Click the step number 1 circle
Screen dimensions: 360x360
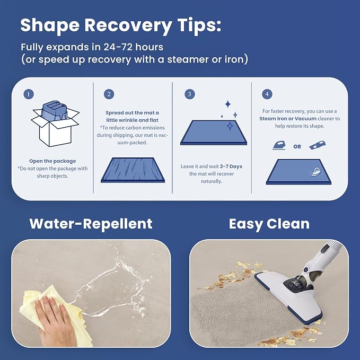(x=29, y=94)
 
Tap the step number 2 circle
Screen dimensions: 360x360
(x=109, y=94)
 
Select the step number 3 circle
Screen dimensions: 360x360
(x=190, y=94)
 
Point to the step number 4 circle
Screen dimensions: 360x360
(x=267, y=94)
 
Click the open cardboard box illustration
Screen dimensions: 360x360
(x=55, y=124)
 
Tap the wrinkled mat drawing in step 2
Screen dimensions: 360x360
(x=133, y=170)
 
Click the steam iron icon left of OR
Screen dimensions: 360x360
(x=279, y=145)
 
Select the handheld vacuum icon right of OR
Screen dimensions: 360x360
(x=317, y=145)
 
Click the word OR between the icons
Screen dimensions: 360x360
(x=297, y=146)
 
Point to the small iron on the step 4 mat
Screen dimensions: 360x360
(x=315, y=171)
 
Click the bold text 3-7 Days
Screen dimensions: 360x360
(x=231, y=166)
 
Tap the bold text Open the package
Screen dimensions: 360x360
(x=52, y=161)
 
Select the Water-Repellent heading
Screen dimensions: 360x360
(x=91, y=224)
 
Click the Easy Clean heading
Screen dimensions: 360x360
(x=269, y=224)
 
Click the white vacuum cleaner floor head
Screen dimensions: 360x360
(x=289, y=296)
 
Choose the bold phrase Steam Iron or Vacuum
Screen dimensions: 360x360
(x=288, y=119)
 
